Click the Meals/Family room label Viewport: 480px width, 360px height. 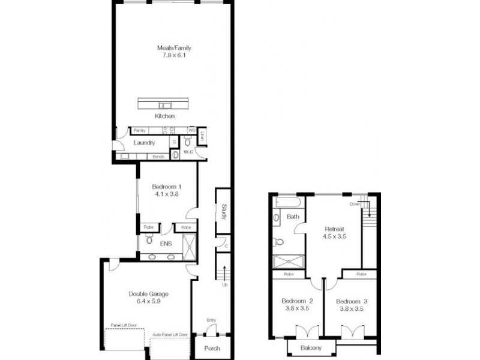[x=174, y=48]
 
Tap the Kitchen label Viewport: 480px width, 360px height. [x=164, y=116]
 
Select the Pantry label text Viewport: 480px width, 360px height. [x=140, y=130]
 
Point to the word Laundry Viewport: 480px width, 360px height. [x=145, y=143]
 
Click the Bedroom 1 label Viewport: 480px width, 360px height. [x=167, y=187]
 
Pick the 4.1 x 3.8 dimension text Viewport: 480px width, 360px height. [x=167, y=194]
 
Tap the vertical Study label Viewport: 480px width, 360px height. [x=223, y=212]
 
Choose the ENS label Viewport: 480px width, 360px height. [x=166, y=245]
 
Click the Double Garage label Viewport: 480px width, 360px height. [x=148, y=294]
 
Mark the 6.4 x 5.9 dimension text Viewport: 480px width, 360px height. [x=148, y=302]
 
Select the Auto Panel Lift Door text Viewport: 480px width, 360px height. [x=170, y=334]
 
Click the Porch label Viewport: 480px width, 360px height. [x=212, y=349]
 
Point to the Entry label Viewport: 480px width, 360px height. [x=211, y=320]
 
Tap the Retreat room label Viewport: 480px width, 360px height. [x=335, y=229]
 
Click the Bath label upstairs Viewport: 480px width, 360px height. [x=293, y=217]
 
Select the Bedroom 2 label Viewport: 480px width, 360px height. [x=296, y=301]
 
